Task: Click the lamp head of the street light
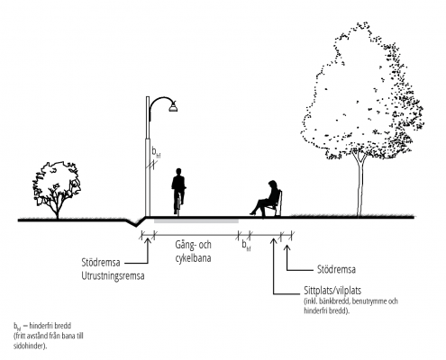173,106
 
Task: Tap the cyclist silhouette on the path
178,192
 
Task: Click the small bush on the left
57,189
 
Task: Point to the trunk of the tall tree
360,186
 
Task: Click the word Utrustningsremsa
113,275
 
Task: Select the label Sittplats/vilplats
332,291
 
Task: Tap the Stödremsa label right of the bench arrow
336,269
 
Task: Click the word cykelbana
193,258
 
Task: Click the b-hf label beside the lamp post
156,153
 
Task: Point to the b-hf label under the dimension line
246,246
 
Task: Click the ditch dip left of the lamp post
136,223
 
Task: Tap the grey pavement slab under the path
196,221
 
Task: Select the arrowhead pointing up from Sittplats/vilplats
273,240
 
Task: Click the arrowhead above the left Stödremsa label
148,241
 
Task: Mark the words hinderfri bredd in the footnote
50,326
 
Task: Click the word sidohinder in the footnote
30,346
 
